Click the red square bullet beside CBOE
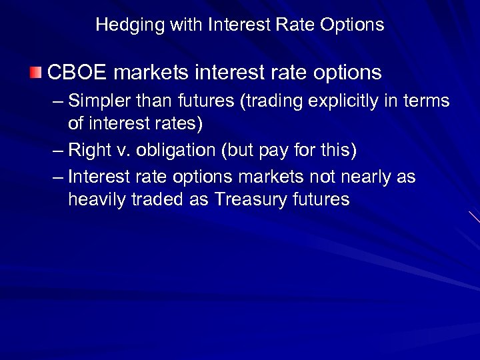(x=36, y=71)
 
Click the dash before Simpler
(x=59, y=102)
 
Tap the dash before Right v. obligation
(x=59, y=151)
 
